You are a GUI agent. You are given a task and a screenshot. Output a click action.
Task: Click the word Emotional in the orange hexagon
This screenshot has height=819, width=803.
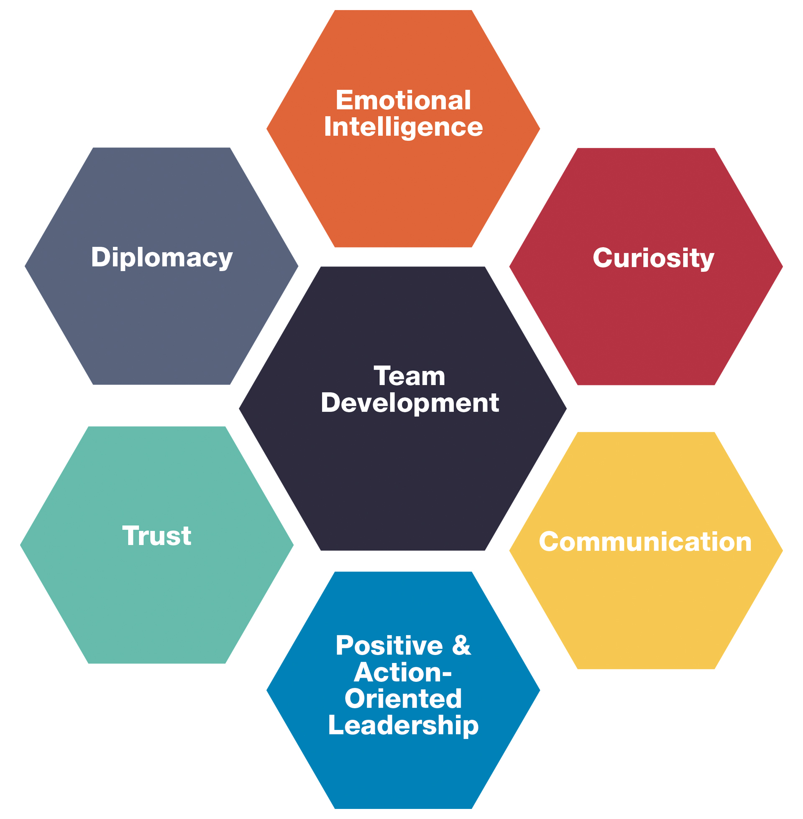pyautogui.click(x=403, y=100)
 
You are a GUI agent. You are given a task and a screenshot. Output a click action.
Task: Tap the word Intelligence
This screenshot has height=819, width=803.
pyautogui.click(x=403, y=127)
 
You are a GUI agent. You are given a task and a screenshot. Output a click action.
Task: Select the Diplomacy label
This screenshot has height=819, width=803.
pyautogui.click(x=161, y=257)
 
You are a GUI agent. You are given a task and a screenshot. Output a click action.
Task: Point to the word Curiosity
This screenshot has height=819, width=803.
pyautogui.click(x=653, y=258)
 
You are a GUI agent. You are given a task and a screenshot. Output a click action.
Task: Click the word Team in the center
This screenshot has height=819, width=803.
pyautogui.click(x=409, y=376)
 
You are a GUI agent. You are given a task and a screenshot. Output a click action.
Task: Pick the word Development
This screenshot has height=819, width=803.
pyautogui.click(x=410, y=403)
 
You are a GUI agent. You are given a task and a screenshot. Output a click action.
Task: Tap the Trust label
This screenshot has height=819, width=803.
pyautogui.click(x=157, y=536)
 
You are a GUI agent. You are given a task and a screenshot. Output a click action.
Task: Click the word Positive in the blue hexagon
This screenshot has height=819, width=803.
pyautogui.click(x=389, y=646)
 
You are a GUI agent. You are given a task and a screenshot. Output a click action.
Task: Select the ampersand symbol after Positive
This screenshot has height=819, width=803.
pyautogui.click(x=461, y=646)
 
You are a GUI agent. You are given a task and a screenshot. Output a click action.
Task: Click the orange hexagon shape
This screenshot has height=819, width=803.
pyautogui.click(x=403, y=190)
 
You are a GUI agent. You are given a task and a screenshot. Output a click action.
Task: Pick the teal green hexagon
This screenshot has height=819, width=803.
pyautogui.click(x=157, y=599)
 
